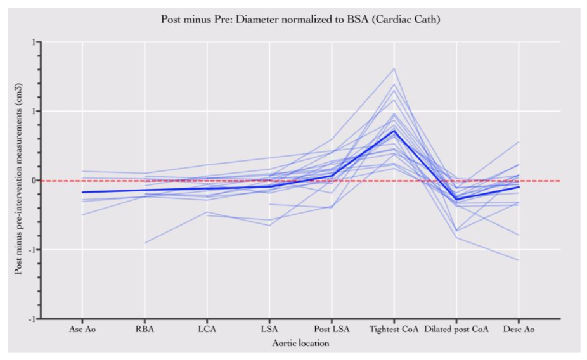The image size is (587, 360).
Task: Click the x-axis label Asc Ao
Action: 82,330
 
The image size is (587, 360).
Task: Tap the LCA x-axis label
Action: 207,330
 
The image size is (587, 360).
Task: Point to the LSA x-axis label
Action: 269,330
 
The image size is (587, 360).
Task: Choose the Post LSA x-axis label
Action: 331,330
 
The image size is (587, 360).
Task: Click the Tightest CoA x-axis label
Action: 394,330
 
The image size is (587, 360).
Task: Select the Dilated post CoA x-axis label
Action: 456,330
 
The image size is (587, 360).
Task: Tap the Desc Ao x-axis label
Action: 518,330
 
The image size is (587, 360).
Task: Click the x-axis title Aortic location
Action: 300,343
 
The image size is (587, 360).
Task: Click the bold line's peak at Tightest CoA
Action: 394,131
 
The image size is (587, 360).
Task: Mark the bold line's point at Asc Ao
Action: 82,192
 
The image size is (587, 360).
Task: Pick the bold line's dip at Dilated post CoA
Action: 456,200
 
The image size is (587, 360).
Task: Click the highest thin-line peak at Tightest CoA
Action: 394,68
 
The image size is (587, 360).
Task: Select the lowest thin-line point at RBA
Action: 145,243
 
